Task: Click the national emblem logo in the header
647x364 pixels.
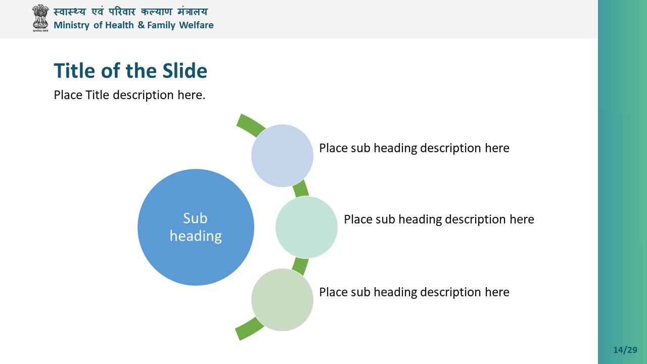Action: [x=40, y=18]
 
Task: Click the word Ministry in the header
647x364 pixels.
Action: [x=72, y=25]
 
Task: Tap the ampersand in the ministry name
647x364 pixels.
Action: [x=141, y=25]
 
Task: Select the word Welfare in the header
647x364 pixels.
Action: [x=196, y=25]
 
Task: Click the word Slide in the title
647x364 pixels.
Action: [x=184, y=70]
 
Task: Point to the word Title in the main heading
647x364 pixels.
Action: [x=74, y=70]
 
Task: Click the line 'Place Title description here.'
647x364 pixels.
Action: [x=129, y=95]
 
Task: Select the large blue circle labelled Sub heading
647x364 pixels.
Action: [x=196, y=227]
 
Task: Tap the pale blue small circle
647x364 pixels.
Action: [x=282, y=156]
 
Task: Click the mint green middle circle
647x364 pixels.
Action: [x=306, y=227]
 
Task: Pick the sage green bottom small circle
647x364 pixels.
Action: [x=282, y=300]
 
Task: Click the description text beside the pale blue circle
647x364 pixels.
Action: [x=414, y=148]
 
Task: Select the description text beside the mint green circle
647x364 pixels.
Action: [x=439, y=219]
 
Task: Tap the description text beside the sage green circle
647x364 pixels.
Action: [x=414, y=292]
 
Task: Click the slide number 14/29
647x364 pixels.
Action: [x=625, y=350]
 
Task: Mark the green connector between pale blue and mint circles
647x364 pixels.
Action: [x=301, y=189]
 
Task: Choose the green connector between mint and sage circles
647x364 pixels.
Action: [x=300, y=266]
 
